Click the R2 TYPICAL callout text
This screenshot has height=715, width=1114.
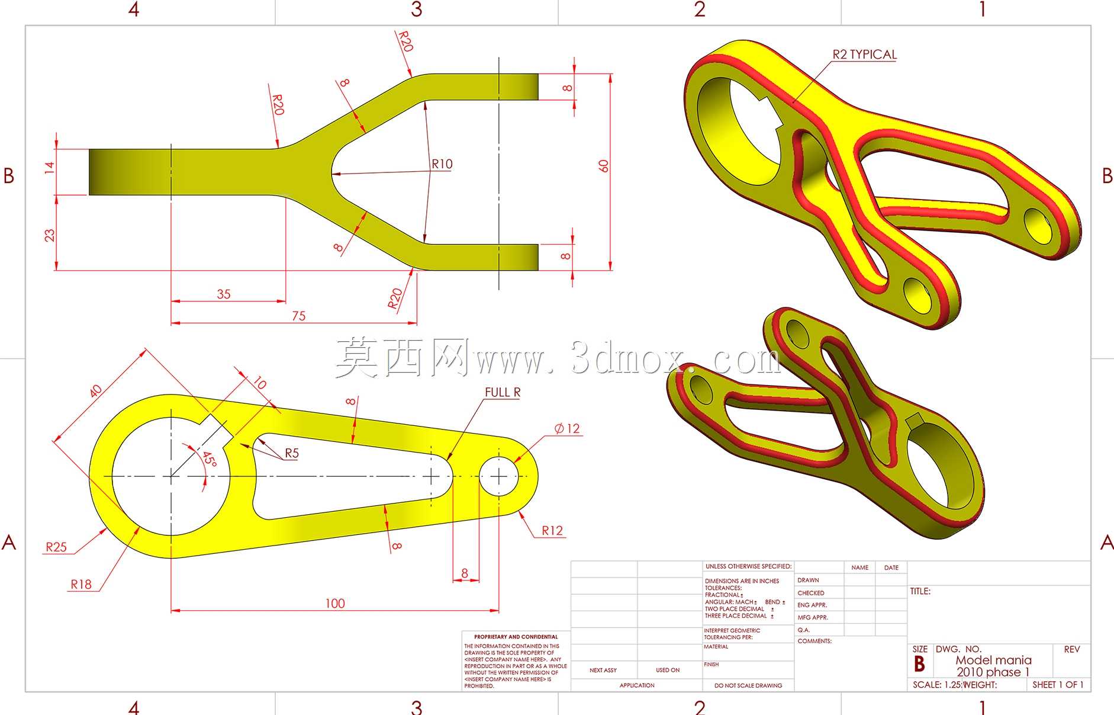point(864,54)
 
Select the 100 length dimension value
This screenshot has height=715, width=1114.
point(335,603)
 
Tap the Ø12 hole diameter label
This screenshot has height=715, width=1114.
point(567,428)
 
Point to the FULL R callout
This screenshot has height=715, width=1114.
point(503,392)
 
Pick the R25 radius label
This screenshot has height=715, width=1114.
point(56,547)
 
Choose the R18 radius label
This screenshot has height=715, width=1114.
point(81,585)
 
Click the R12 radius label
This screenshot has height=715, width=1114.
point(552,531)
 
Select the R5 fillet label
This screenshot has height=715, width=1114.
point(292,453)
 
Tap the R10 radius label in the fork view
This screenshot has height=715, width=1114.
point(442,164)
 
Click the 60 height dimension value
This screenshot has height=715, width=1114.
point(603,166)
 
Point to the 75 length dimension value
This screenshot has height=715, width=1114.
point(299,316)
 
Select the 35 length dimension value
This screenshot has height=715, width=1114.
point(224,294)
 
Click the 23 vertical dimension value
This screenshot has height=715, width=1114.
point(49,235)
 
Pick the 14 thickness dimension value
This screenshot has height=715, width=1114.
point(49,167)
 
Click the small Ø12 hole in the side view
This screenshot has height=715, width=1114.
point(498,476)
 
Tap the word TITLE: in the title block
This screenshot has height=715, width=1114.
point(920,591)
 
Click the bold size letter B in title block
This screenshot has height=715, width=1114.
point(919,664)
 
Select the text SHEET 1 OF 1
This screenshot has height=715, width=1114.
point(1058,685)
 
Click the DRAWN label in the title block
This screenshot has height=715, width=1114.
point(808,580)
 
